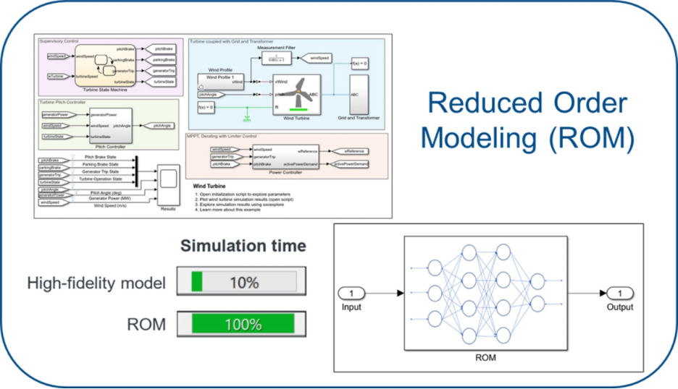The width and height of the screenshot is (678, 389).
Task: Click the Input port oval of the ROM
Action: [x=351, y=294]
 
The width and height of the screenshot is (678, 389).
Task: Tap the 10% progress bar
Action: [x=246, y=282]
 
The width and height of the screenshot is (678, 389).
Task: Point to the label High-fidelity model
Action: [x=96, y=283]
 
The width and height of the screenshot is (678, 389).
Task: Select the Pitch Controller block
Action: [x=109, y=124]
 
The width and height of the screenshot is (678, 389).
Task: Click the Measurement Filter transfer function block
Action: [x=275, y=59]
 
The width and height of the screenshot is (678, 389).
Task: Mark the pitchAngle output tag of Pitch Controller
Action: [x=157, y=125]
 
